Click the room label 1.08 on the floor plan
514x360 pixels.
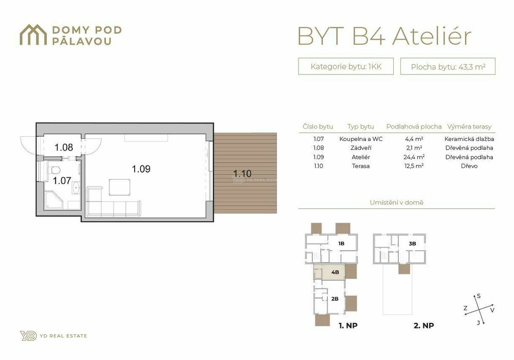coord(64,148)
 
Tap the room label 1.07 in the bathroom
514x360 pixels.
coord(62,181)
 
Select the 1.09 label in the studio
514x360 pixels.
coord(141,169)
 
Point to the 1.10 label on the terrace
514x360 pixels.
coord(242,173)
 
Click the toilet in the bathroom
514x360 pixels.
coord(54,171)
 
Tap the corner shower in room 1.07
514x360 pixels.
coord(53,201)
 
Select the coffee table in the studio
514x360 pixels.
coord(120,187)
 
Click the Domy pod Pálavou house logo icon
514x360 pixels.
coord(33,35)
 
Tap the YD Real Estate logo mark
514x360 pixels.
coord(28,336)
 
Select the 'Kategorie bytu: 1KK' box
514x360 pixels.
coord(346,66)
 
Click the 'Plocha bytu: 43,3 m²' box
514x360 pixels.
coord(448,66)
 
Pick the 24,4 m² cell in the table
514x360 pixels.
coord(414,157)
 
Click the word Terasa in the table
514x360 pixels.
coord(361,166)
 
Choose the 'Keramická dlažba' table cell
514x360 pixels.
coord(469,139)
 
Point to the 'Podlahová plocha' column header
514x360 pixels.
coord(414,127)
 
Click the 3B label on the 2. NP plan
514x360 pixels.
coord(412,244)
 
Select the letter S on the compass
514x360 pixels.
coord(479,296)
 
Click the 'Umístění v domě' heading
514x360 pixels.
coord(397,203)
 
